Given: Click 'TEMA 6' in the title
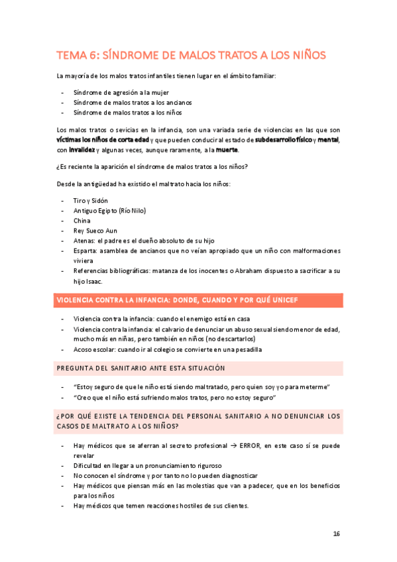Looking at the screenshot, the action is (x=75, y=55).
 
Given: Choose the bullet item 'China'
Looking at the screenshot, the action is (x=82, y=220).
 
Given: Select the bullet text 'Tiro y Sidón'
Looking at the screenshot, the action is (x=90, y=200).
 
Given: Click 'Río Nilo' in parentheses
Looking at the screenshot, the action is (x=132, y=210).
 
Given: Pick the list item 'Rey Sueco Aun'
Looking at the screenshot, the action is (x=95, y=230).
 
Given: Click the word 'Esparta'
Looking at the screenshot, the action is (x=85, y=251).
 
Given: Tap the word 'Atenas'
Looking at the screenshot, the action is (x=84, y=240).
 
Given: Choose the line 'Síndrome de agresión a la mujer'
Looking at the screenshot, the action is (x=122, y=93).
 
